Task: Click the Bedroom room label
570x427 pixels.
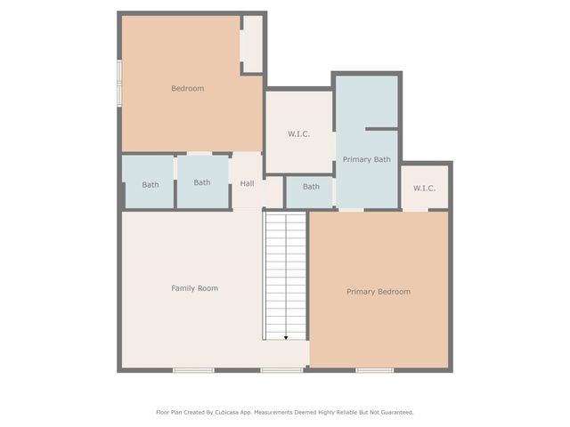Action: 188,88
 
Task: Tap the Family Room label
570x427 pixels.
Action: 194,288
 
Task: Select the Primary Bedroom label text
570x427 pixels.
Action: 379,292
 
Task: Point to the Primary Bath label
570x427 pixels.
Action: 366,159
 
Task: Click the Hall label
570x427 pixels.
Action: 247,183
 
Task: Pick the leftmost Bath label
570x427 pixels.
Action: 151,184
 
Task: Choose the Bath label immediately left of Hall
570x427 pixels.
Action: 202,182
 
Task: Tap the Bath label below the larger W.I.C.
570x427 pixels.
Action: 311,187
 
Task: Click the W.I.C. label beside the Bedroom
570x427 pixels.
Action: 299,134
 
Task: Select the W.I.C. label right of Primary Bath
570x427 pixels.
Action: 424,188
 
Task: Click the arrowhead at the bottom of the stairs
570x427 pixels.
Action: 286,338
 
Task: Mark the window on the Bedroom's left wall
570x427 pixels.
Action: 118,84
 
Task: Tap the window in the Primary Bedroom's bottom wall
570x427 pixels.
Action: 374,370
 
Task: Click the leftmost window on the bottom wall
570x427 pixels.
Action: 193,370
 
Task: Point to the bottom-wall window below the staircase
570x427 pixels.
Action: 281,370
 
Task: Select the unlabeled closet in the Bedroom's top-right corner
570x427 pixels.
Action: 253,44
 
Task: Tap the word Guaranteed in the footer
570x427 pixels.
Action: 398,413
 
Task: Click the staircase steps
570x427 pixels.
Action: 286,277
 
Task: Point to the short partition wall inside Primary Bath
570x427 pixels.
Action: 382,129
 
